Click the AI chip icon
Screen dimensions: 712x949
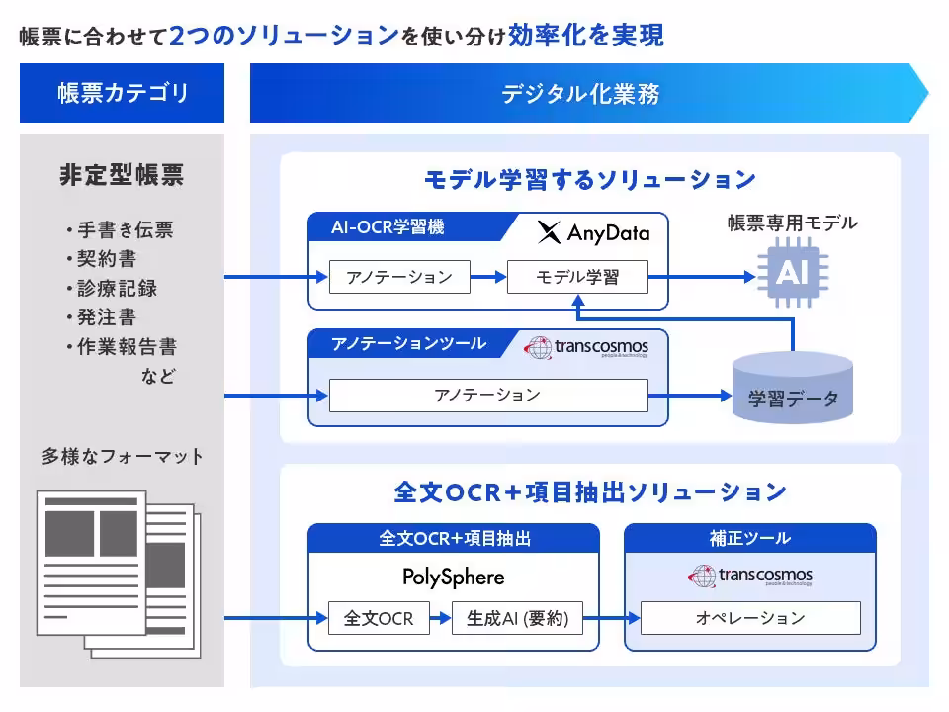pyautogui.click(x=792, y=273)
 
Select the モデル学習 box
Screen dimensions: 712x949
pyautogui.click(x=577, y=277)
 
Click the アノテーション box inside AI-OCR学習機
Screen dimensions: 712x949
pyautogui.click(x=399, y=277)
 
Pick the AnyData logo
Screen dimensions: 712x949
pyautogui.click(x=593, y=233)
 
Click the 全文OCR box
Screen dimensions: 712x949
pyautogui.click(x=371, y=619)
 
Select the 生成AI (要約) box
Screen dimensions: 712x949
pyautogui.click(x=517, y=619)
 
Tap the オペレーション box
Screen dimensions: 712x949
pyautogui.click(x=750, y=619)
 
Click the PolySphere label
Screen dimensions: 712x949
pyautogui.click(x=453, y=577)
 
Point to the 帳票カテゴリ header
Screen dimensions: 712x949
pyautogui.click(x=123, y=94)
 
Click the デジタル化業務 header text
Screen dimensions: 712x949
pyautogui.click(x=580, y=95)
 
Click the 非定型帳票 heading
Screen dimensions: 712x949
pyautogui.click(x=122, y=176)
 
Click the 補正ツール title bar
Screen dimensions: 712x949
pyautogui.click(x=750, y=538)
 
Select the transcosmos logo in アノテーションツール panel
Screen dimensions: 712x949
pyautogui.click(x=586, y=347)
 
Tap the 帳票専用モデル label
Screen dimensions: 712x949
pyautogui.click(x=792, y=224)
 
